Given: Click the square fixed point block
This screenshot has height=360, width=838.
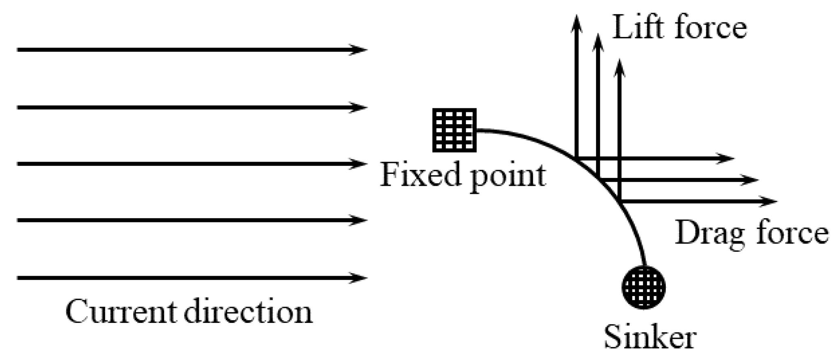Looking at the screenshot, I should (454, 130).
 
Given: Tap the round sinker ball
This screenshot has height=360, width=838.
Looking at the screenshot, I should (643, 287).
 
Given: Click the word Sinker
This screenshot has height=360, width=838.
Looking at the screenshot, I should (650, 337).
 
